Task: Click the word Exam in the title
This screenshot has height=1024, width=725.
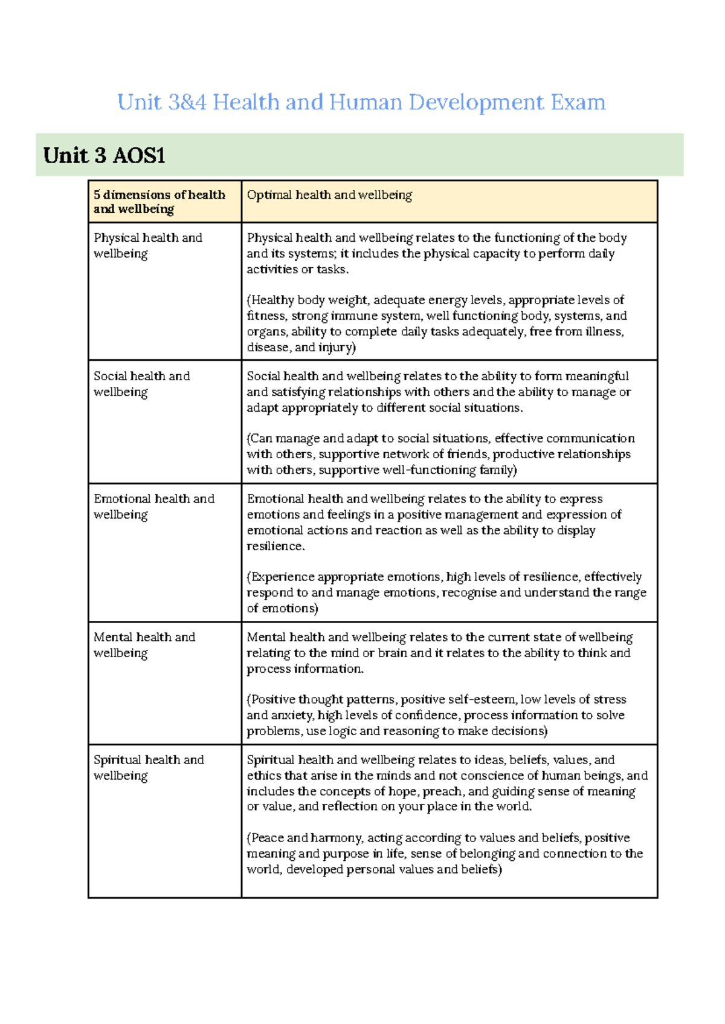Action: click(578, 102)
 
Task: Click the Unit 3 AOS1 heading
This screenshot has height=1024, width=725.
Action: click(104, 155)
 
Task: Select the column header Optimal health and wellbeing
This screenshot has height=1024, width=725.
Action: click(329, 195)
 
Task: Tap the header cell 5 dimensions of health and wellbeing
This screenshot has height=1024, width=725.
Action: click(159, 201)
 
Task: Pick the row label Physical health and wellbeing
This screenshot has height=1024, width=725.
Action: click(147, 245)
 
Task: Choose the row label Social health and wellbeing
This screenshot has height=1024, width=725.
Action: click(141, 384)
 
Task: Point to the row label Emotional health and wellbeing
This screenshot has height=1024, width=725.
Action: click(153, 507)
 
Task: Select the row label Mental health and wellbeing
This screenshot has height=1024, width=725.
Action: click(144, 645)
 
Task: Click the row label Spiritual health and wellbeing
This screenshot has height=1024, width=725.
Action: click(149, 768)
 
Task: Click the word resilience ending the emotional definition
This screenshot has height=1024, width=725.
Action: click(274, 546)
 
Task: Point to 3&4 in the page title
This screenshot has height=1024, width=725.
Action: click(187, 102)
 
